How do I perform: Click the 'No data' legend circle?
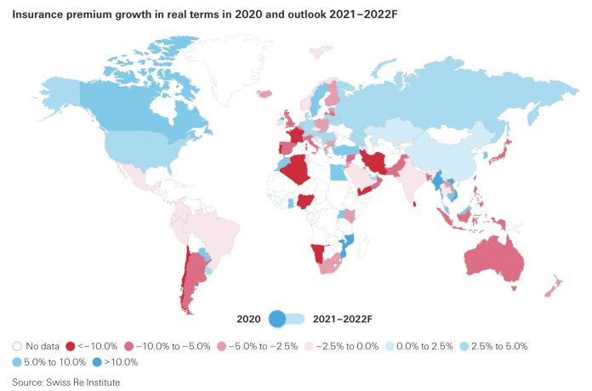point(17,346)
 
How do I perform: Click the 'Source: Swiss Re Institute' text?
point(66,382)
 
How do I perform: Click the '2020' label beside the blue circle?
point(248,319)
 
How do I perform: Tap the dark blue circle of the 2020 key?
point(276,319)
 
